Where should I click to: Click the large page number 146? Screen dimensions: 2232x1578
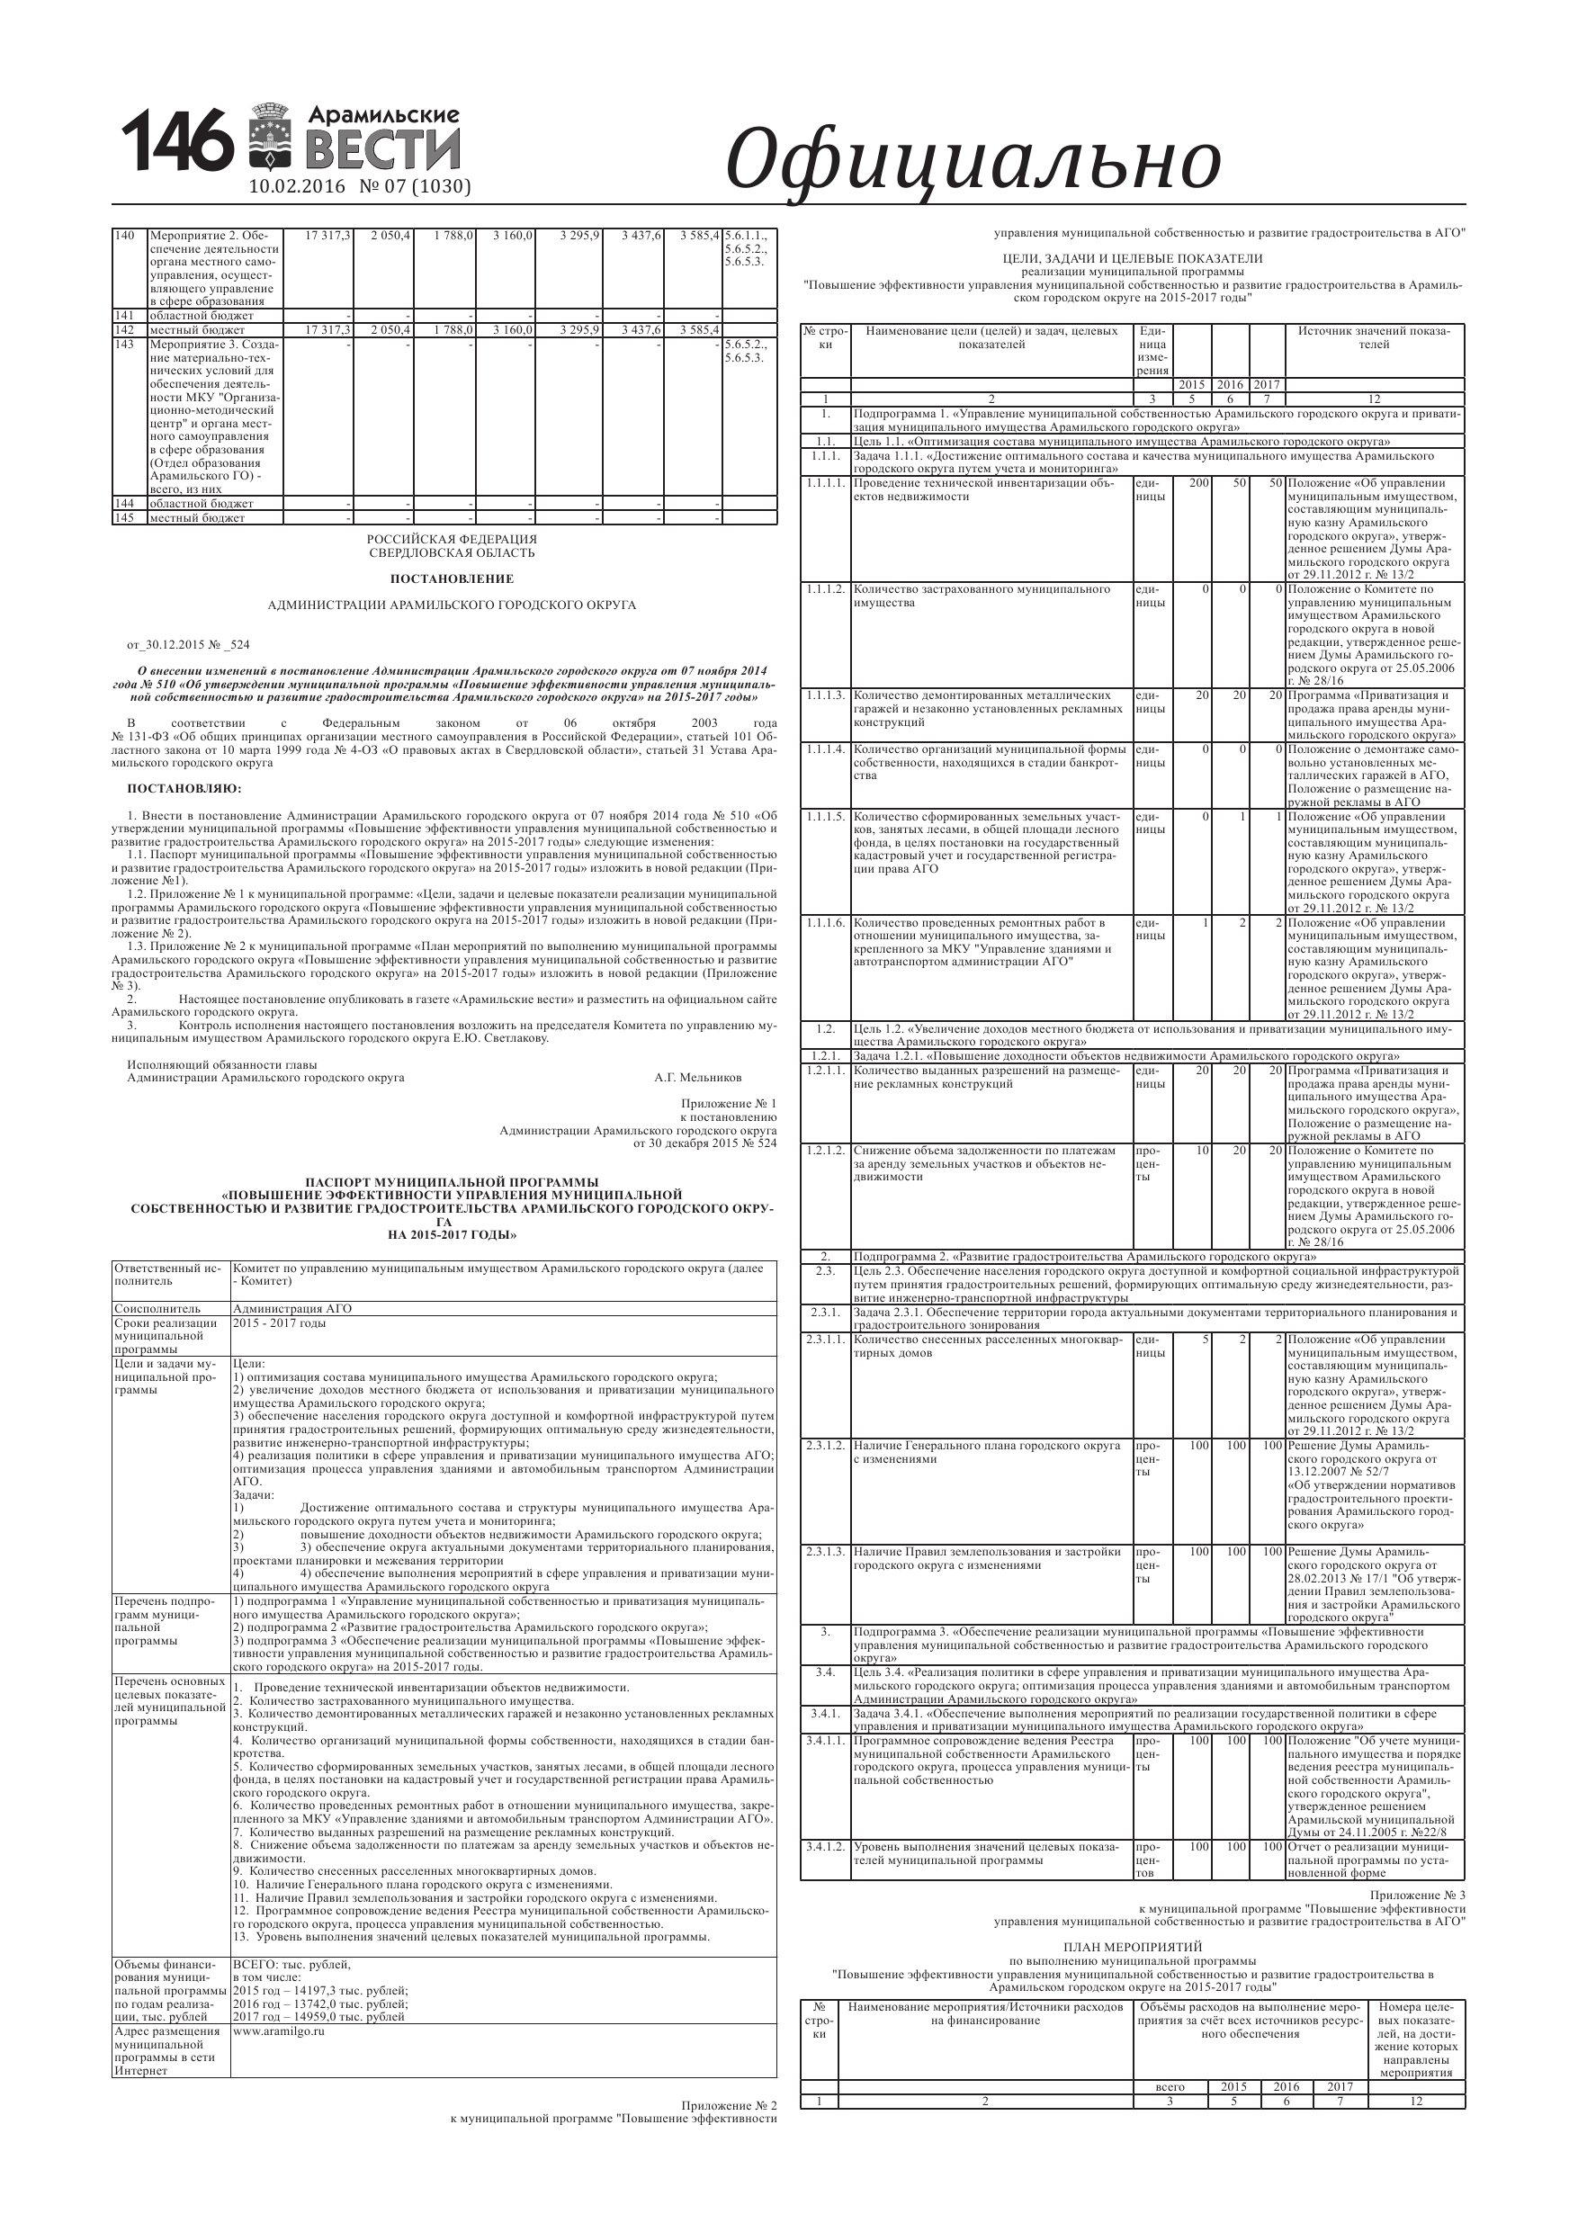[177, 142]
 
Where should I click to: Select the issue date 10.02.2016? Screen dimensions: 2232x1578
[298, 186]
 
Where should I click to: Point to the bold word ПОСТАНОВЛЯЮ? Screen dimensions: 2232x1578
[184, 787]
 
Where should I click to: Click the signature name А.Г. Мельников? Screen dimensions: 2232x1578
[697, 1077]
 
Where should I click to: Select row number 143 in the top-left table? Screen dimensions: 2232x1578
[124, 345]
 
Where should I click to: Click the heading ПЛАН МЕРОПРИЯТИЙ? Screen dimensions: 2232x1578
[1132, 1946]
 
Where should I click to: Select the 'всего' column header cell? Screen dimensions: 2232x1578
[1170, 2086]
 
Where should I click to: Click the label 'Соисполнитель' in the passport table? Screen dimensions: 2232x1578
[157, 1308]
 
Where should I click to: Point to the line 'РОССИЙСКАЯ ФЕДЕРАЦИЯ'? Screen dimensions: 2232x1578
[451, 540]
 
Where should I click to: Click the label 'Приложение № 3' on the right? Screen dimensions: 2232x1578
[1417, 1896]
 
